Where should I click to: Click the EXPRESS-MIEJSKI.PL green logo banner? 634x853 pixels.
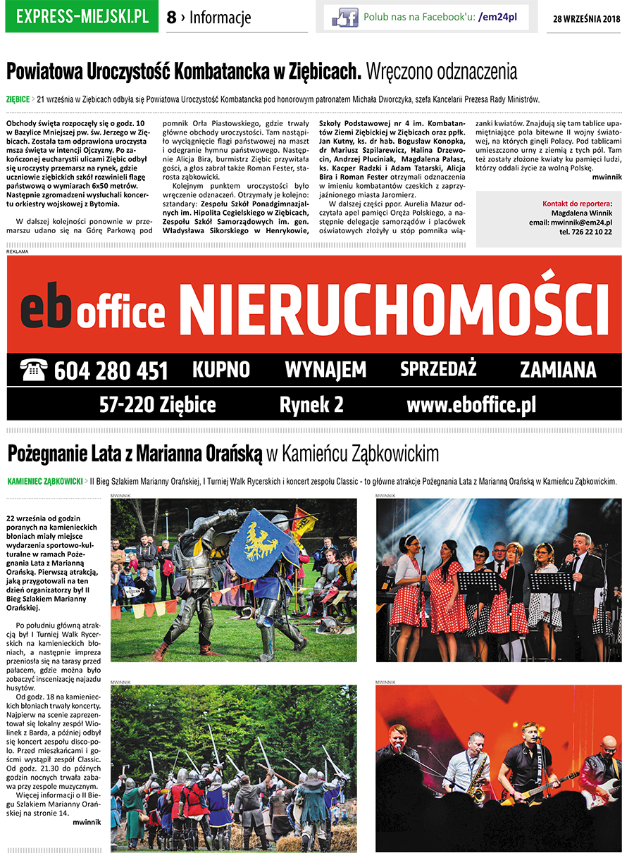pyautogui.click(x=82, y=17)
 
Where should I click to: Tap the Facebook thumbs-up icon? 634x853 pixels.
pyautogui.click(x=344, y=17)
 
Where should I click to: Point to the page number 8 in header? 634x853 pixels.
pyautogui.click(x=171, y=18)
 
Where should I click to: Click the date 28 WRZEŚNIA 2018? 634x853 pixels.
pyautogui.click(x=586, y=19)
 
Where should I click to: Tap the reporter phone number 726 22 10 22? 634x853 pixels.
pyautogui.click(x=585, y=232)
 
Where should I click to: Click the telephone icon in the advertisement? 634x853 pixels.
pyautogui.click(x=33, y=368)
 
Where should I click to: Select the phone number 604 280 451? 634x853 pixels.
pyautogui.click(x=111, y=371)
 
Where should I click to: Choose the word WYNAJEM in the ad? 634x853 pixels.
pyautogui.click(x=325, y=369)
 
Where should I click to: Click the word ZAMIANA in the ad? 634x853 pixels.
pyautogui.click(x=558, y=369)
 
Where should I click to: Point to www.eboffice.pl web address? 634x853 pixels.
pyautogui.click(x=471, y=405)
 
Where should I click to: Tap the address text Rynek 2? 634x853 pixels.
pyautogui.click(x=311, y=405)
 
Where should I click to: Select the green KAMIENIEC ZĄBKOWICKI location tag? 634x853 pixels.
pyautogui.click(x=45, y=482)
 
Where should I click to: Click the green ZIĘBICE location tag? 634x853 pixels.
pyautogui.click(x=18, y=99)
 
